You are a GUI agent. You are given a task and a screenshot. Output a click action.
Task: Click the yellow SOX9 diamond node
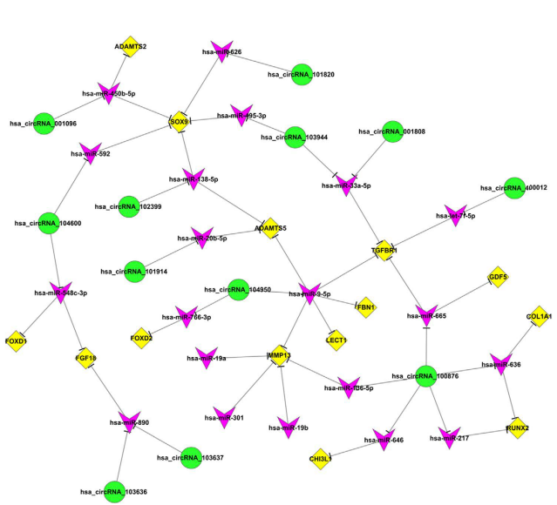(179, 121)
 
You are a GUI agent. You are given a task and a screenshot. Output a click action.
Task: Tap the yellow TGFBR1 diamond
(384, 251)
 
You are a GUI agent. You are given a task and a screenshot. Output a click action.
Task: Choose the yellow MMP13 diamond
(278, 355)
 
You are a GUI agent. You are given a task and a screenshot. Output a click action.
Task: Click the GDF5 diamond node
(498, 277)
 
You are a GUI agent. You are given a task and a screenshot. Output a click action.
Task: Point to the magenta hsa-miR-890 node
(130, 422)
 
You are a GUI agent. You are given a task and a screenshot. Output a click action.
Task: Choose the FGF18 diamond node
(85, 357)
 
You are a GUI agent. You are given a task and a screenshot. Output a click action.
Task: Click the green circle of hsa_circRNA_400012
(516, 187)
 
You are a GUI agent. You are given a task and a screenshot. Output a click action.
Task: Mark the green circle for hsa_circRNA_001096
(43, 124)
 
